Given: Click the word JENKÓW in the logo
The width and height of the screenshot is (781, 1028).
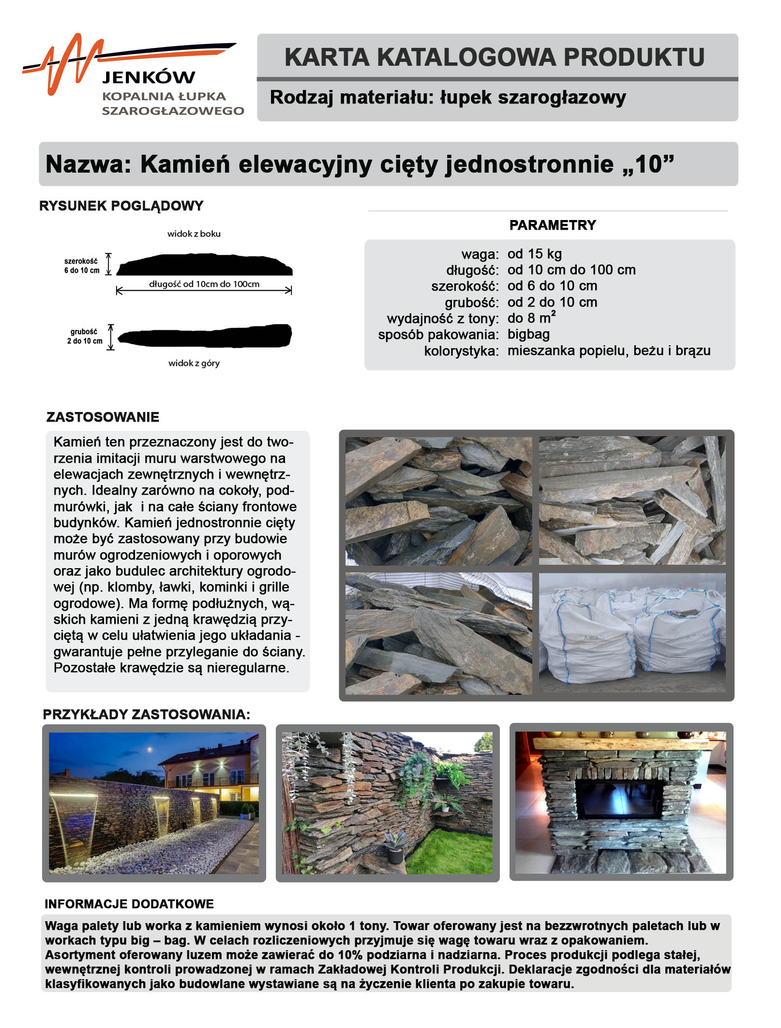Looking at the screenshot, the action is tap(149, 77).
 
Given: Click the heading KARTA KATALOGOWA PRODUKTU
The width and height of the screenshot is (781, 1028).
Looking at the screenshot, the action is tap(494, 57).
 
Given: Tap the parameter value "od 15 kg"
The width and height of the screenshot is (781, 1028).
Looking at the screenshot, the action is tap(534, 254).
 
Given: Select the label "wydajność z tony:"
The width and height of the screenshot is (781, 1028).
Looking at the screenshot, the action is tap(442, 319).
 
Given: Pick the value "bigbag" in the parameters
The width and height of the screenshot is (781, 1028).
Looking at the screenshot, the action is tap(528, 334).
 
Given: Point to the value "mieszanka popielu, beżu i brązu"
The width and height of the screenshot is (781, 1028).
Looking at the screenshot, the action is tap(609, 351).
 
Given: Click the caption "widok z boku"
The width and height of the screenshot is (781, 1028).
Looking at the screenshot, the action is tap(194, 234).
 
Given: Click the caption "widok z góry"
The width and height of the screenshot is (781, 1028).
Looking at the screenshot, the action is tap(194, 363).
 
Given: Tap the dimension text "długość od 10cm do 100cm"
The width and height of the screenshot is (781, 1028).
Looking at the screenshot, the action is tap(204, 284).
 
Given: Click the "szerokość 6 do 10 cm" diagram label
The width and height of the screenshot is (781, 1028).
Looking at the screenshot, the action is tap(82, 265).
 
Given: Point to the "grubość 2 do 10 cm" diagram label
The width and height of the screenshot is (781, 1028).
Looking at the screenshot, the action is tap(84, 336).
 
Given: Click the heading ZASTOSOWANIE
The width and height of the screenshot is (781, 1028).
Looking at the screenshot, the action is tap(103, 417).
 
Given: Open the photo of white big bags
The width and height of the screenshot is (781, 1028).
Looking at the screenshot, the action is tap(632, 632).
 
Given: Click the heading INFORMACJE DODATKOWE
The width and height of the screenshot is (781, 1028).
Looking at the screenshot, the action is tap(129, 904).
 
